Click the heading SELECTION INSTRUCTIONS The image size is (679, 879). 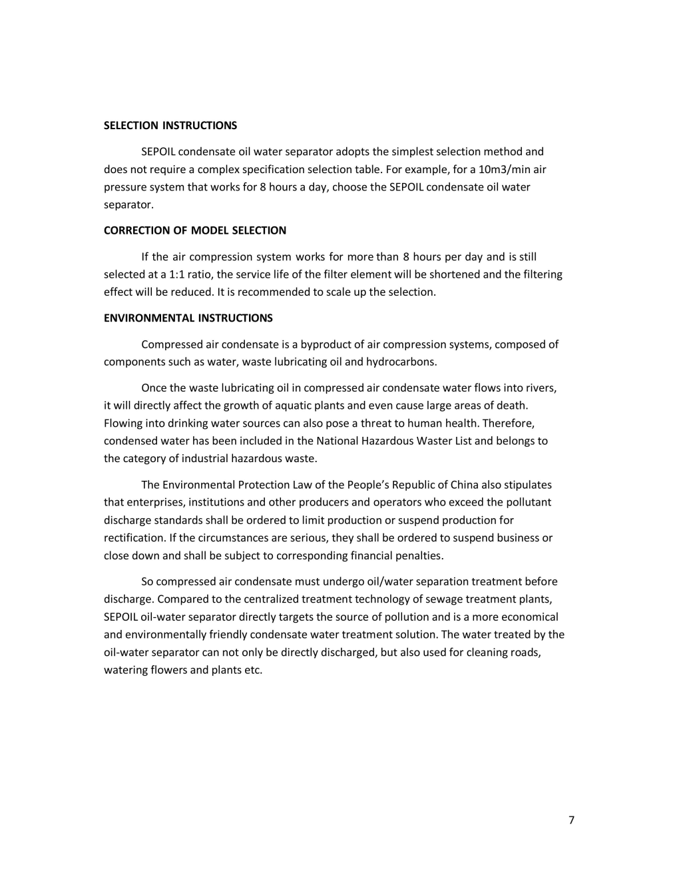point(170,126)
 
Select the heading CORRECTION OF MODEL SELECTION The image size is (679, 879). point(194,231)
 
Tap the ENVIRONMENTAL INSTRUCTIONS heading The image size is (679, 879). point(188,318)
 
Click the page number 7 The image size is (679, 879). point(571,820)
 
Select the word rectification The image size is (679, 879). point(134,538)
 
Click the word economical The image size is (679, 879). point(529,617)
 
